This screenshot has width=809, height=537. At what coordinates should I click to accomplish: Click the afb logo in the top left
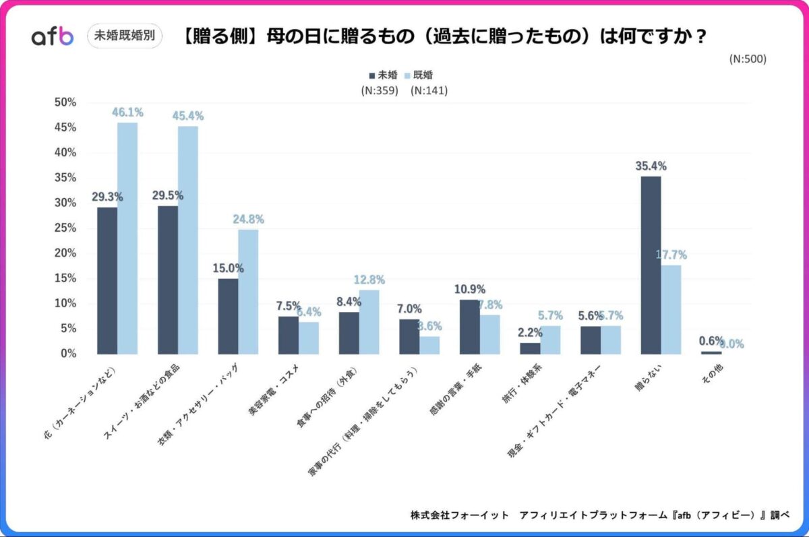[52, 36]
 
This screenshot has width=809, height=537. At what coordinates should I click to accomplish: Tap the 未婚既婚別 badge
[125, 36]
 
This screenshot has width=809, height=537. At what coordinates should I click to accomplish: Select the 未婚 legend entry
[383, 75]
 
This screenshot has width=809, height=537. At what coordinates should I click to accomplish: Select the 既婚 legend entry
[427, 75]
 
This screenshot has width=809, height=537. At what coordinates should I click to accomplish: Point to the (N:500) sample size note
[748, 59]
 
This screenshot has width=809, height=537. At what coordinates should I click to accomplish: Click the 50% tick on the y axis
[65, 102]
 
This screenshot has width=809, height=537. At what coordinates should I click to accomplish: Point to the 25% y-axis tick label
[65, 228]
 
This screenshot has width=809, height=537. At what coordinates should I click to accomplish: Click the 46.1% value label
[128, 113]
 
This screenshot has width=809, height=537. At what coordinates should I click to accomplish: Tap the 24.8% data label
[248, 220]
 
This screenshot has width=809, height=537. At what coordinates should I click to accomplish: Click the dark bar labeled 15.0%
[228, 316]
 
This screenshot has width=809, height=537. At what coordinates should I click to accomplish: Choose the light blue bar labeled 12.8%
[369, 321]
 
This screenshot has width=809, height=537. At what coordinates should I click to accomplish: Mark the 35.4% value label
[651, 166]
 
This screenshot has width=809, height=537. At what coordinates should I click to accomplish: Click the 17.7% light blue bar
[671, 309]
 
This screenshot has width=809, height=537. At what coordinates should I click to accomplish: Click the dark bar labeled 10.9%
[469, 326]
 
